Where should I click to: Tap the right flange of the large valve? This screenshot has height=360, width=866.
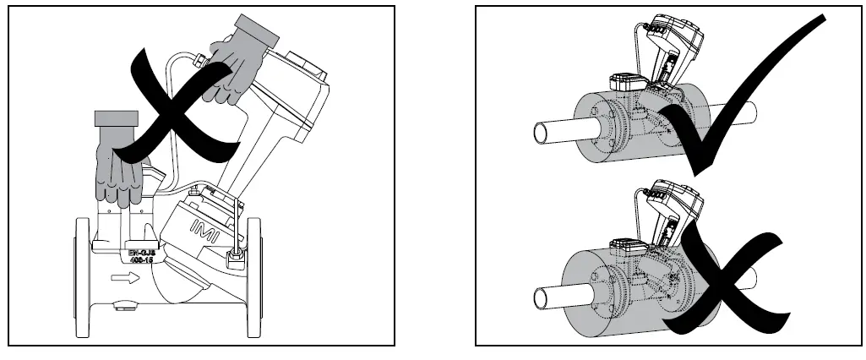pos(253,275)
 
